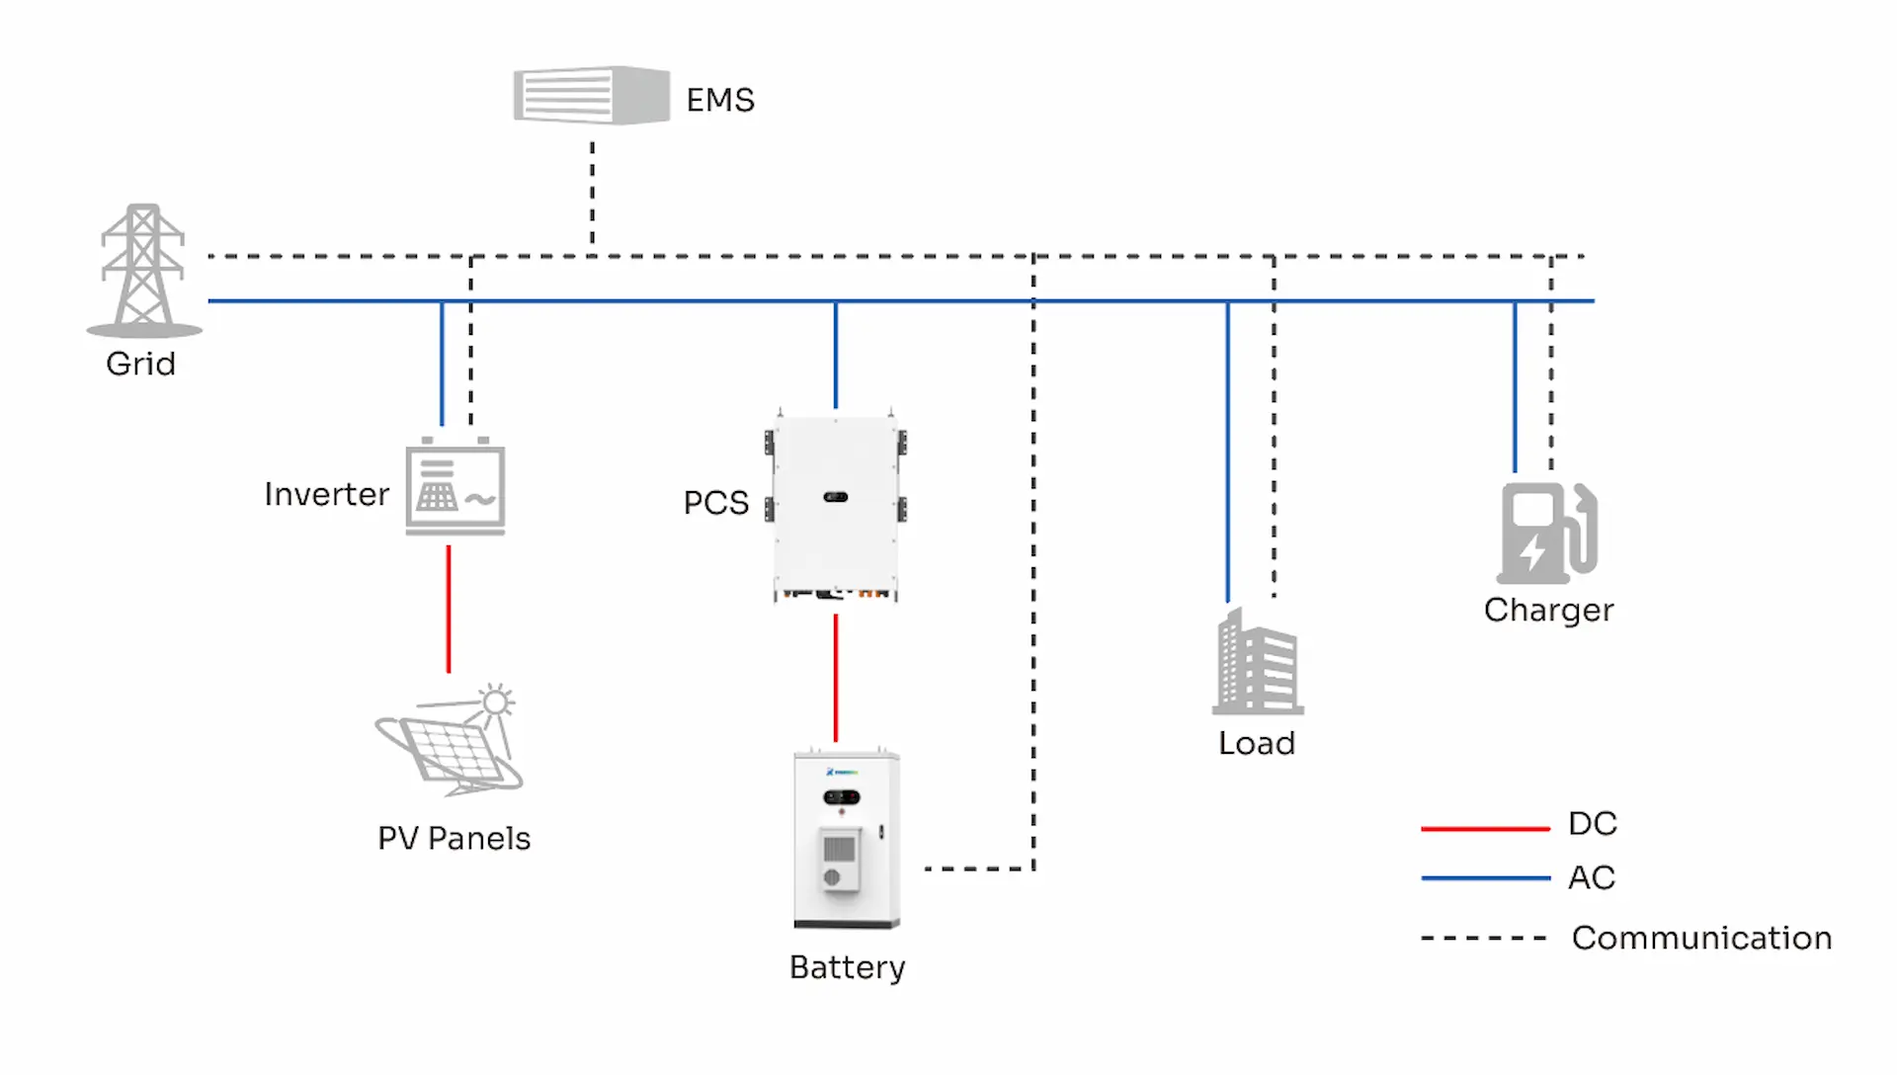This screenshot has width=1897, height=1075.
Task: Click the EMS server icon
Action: pyautogui.click(x=591, y=96)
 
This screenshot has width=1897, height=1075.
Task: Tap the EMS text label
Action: pyautogui.click(x=720, y=100)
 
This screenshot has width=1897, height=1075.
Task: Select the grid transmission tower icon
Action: pyautogui.click(x=143, y=270)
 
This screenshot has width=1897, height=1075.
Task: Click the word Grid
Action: pyautogui.click(x=140, y=364)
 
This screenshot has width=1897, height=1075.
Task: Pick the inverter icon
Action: pyautogui.click(x=455, y=488)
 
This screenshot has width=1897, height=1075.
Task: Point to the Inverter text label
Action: pyautogui.click(x=326, y=494)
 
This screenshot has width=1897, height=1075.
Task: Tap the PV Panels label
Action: pyautogui.click(x=454, y=838)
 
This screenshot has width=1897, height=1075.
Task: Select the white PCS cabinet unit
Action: pyautogui.click(x=836, y=506)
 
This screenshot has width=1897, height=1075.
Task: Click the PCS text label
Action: pyautogui.click(x=716, y=502)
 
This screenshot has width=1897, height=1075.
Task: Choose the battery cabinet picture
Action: pyautogui.click(x=847, y=840)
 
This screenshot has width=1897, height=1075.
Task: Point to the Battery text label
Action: pyautogui.click(x=847, y=967)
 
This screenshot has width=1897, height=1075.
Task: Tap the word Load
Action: pyautogui.click(x=1256, y=743)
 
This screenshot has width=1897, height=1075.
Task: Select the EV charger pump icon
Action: pyautogui.click(x=1546, y=533)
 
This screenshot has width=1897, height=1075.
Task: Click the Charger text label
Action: pyautogui.click(x=1548, y=610)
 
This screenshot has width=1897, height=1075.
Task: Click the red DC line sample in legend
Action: pyautogui.click(x=1485, y=828)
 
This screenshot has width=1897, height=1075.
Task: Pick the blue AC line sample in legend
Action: pyautogui.click(x=1485, y=877)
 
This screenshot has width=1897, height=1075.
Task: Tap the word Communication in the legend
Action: pyautogui.click(x=1701, y=938)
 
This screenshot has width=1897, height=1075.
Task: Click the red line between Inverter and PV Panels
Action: pyautogui.click(x=449, y=609)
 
